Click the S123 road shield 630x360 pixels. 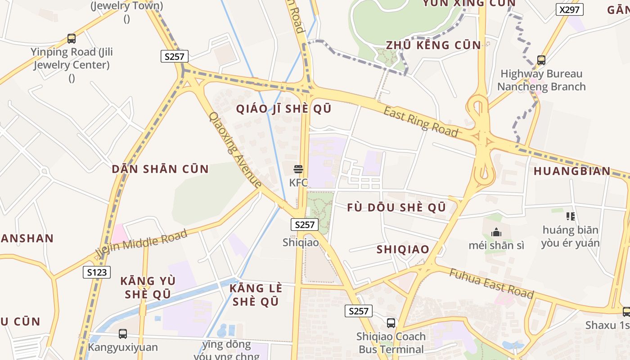click(97, 272)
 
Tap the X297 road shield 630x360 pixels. click(569, 9)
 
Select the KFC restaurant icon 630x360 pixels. click(298, 169)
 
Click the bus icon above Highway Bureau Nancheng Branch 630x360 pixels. click(541, 60)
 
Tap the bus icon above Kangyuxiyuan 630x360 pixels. click(122, 334)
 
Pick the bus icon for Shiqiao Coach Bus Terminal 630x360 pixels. click(391, 323)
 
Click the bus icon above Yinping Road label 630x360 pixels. click(72, 38)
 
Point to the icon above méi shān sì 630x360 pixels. click(496, 232)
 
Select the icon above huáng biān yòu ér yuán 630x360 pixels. click(571, 216)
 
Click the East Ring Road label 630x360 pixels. click(421, 121)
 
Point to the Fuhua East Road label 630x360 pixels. click(491, 283)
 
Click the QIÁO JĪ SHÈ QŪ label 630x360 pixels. click(284, 109)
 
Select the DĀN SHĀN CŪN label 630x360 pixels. click(160, 169)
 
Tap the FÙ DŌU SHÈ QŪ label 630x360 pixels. click(396, 207)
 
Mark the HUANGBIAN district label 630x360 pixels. click(572, 171)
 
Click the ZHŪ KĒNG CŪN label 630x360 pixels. click(433, 45)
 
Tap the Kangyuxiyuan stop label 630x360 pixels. click(123, 347)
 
